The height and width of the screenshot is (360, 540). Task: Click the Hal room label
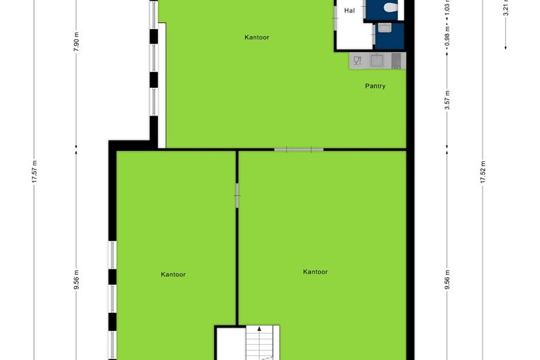tap(349, 10)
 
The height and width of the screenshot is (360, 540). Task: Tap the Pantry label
tap(375, 86)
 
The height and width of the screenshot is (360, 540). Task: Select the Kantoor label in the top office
tap(256, 37)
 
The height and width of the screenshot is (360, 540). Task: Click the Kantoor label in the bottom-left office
tap(173, 274)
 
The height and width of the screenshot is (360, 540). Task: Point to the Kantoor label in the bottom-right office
tap(315, 271)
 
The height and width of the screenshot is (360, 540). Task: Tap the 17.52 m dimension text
tap(483, 172)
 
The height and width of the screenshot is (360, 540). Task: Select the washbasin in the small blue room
tap(385, 28)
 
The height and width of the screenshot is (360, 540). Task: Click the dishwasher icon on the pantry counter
tap(357, 61)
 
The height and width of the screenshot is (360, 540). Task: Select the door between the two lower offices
tap(237, 195)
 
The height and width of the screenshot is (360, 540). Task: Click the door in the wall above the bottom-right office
tap(298, 149)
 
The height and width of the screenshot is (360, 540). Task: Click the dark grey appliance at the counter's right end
tap(396, 61)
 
